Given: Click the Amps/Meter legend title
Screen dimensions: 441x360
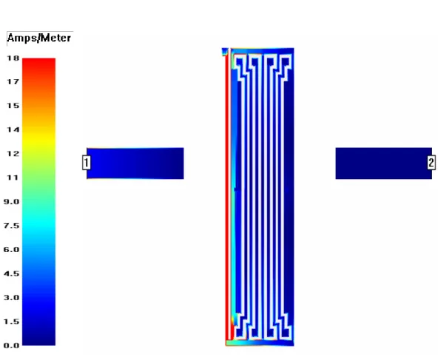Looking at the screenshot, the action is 39,38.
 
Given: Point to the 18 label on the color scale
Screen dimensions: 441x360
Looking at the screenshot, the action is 13,58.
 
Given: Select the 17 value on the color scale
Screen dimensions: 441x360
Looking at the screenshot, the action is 13,82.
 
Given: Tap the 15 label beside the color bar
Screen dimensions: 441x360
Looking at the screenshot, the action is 13,106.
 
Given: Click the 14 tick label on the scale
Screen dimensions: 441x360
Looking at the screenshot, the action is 13,129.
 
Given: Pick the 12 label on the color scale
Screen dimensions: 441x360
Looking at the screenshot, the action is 13,154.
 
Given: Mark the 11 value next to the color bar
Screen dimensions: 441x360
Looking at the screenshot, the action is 13,177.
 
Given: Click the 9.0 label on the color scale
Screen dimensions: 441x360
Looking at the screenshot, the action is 12,202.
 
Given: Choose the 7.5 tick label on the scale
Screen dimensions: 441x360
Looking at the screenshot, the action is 12,225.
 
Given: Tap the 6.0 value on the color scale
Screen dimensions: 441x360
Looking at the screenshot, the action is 12,250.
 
